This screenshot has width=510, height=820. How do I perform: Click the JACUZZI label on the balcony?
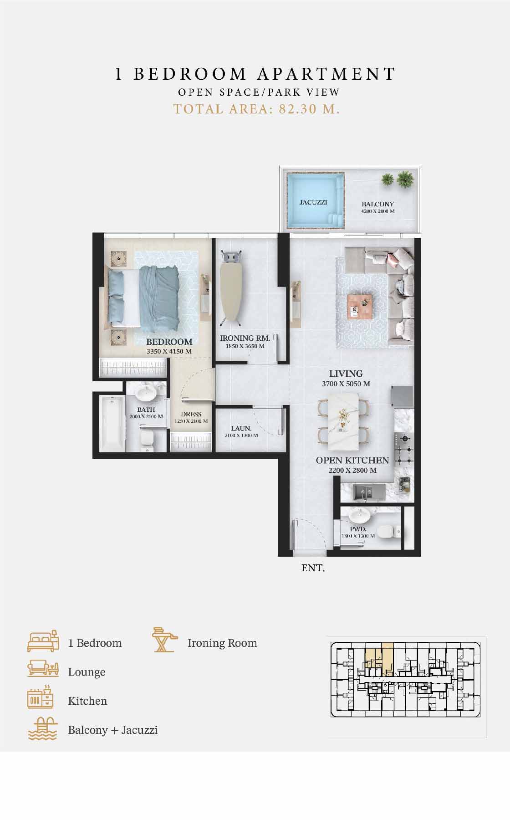[x=313, y=202]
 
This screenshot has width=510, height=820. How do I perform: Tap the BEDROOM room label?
[x=169, y=342]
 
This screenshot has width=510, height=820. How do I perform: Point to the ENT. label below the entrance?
[x=313, y=568]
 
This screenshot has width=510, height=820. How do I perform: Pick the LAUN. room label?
[x=241, y=428]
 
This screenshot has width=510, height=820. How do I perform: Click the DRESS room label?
[x=191, y=415]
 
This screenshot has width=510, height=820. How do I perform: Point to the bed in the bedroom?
[x=144, y=298]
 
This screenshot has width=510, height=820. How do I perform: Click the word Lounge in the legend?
[x=87, y=672]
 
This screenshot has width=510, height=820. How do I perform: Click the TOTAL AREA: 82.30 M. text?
[x=256, y=109]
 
